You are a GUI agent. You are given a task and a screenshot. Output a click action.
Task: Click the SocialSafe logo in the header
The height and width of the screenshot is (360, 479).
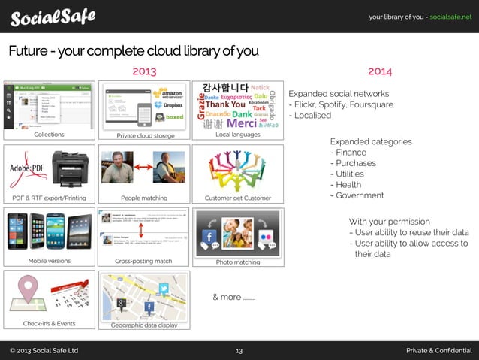(53, 17)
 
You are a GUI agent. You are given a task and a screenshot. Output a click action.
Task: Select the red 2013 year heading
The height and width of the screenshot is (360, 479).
(144, 71)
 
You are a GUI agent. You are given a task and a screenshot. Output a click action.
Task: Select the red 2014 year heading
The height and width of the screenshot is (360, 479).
(380, 71)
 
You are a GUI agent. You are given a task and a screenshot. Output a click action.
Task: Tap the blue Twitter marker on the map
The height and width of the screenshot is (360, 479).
(164, 289)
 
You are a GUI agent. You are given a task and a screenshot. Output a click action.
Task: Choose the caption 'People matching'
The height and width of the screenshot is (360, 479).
(143, 198)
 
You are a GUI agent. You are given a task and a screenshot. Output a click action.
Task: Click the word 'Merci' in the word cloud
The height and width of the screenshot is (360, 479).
(242, 123)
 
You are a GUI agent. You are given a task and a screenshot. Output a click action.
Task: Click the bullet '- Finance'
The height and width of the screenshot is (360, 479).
(348, 153)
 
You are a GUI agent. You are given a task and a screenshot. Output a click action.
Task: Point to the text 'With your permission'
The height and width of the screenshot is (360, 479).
(390, 222)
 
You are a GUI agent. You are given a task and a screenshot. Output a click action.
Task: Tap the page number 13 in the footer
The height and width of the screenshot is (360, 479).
(239, 351)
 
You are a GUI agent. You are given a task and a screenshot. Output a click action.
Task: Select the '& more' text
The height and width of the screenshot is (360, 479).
(233, 297)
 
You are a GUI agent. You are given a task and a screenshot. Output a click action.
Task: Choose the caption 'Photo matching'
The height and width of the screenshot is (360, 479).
(237, 262)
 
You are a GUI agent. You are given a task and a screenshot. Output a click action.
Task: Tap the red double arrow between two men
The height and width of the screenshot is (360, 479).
(143, 167)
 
